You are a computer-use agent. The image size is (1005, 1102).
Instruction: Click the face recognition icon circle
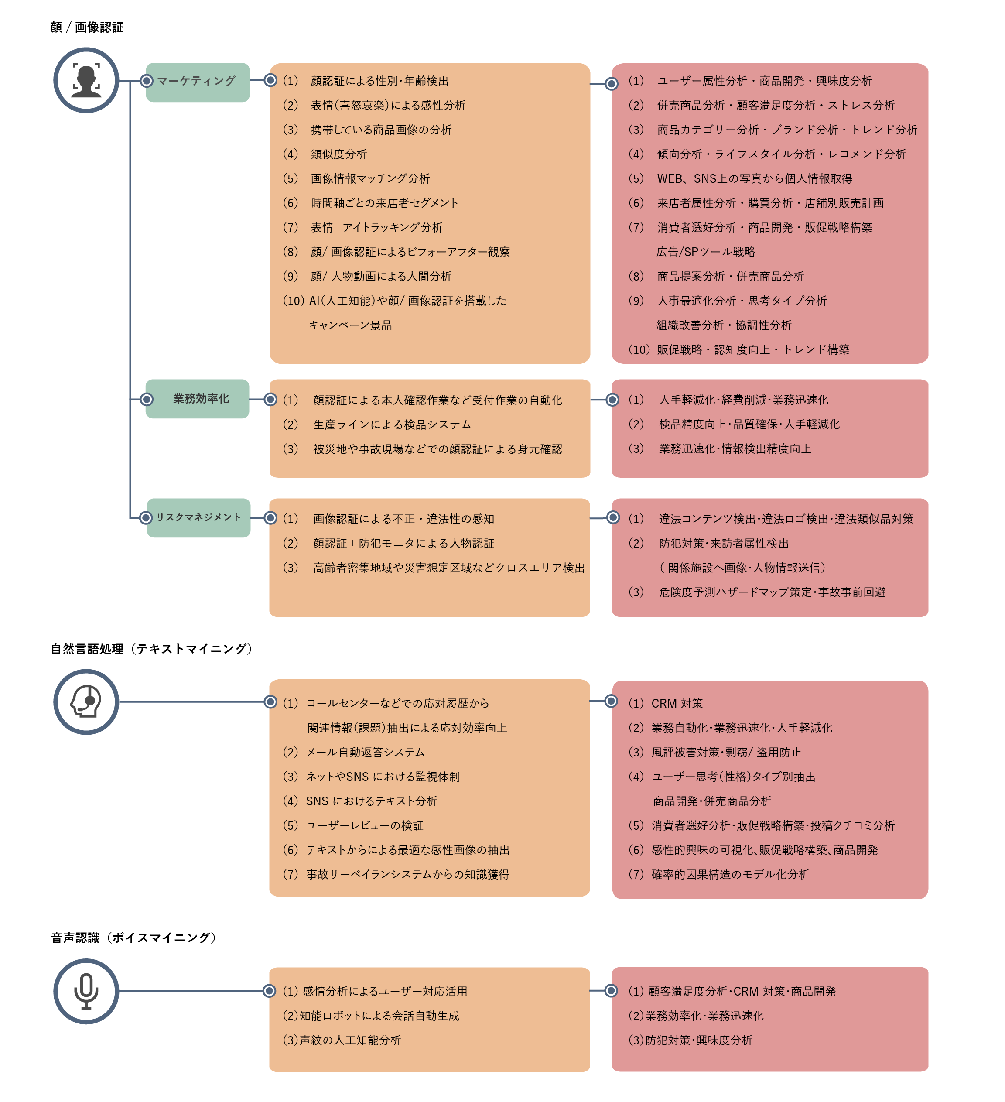(x=86, y=80)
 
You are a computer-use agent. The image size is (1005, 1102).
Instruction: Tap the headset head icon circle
(x=86, y=702)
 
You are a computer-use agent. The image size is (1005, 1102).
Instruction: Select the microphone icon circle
(x=86, y=991)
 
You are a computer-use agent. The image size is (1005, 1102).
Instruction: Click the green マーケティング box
(x=198, y=82)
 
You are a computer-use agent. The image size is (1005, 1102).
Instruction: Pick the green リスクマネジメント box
(x=198, y=518)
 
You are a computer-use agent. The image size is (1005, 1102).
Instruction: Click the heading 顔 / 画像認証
(x=87, y=27)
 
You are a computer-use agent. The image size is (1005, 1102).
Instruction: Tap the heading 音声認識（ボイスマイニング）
(x=133, y=938)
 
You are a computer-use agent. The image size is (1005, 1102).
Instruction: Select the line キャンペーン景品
(x=350, y=325)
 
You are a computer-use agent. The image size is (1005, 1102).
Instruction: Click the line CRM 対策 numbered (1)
(x=666, y=704)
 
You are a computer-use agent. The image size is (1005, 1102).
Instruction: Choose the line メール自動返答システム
(x=365, y=753)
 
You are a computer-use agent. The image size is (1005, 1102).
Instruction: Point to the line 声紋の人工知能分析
(x=350, y=1040)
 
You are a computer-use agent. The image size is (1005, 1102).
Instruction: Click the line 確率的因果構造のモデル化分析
(x=730, y=875)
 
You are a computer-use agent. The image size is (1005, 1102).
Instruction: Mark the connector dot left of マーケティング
(x=147, y=81)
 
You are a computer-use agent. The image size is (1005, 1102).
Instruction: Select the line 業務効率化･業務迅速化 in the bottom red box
(x=704, y=1016)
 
